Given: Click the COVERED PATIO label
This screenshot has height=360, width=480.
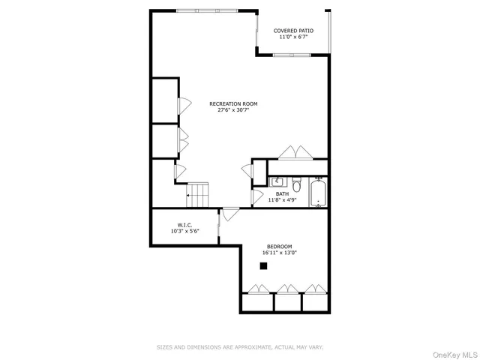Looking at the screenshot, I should click(x=293, y=31).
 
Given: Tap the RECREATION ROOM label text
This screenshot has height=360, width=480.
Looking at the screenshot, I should click(x=233, y=103).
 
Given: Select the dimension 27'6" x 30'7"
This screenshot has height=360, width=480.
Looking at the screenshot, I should click(x=233, y=110).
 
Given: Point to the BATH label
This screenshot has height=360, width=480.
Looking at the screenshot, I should click(x=282, y=193).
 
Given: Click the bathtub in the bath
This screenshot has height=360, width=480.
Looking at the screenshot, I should click(x=319, y=191).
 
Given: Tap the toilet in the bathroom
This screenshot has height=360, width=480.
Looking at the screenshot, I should click(x=296, y=184).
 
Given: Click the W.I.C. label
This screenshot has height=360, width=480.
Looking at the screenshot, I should click(x=184, y=225).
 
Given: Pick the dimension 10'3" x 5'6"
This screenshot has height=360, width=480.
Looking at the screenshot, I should click(x=184, y=231).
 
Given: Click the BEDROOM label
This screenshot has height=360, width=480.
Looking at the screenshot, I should click(x=280, y=247).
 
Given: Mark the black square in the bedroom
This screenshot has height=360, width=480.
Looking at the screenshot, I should click(x=263, y=265).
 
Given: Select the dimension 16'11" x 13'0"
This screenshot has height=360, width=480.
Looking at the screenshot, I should click(x=280, y=253).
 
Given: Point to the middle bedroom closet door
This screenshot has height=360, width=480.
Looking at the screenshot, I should click(x=287, y=287).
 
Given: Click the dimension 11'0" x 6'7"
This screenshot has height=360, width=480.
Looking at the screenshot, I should click(x=293, y=37).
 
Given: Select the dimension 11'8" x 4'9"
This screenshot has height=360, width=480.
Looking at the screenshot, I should click(x=282, y=200).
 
